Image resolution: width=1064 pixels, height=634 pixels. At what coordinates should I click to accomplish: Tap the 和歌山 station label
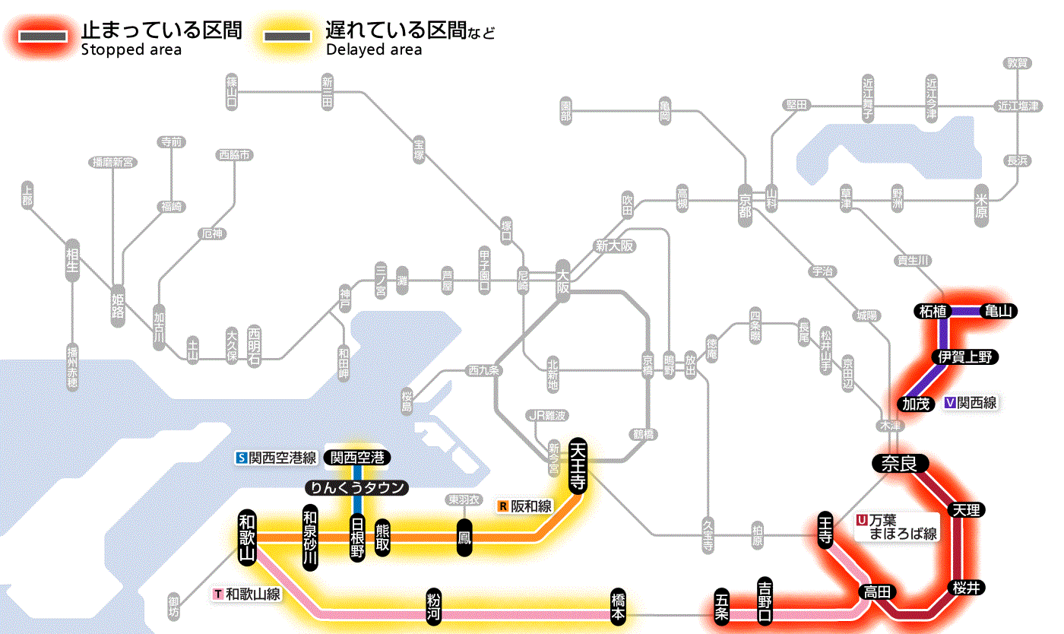point(248,536)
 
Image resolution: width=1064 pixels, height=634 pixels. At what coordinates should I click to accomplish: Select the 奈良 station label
point(899,464)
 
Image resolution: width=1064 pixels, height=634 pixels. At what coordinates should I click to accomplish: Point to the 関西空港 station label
point(357,458)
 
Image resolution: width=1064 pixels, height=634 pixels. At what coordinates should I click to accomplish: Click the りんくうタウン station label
point(357,488)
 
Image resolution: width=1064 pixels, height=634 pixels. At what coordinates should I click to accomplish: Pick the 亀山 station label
point(999,311)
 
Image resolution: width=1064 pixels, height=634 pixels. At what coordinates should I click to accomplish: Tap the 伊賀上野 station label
point(965,357)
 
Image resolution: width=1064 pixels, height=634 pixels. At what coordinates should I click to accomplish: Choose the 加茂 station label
point(915,404)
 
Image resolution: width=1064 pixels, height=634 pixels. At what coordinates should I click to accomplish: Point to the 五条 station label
point(722,607)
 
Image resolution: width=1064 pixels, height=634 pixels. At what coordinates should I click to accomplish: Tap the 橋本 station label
point(618,607)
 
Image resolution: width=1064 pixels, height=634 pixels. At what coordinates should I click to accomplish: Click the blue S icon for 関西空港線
point(242,458)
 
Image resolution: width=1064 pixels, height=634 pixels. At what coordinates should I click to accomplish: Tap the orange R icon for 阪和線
point(503,506)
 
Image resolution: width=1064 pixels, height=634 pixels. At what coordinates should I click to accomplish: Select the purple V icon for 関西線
point(950,404)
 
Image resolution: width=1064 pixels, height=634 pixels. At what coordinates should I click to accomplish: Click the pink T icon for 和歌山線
point(219,594)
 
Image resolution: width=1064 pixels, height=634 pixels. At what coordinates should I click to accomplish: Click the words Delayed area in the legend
point(373,49)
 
